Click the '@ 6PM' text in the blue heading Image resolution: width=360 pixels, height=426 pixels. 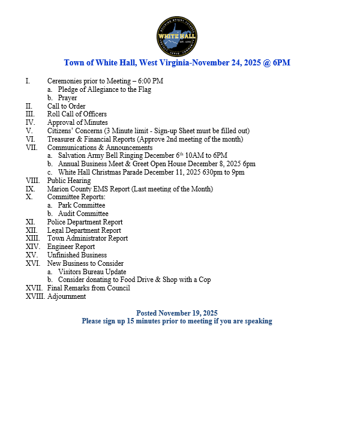[x=278, y=62]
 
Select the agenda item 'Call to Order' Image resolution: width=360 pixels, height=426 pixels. [x=66, y=106]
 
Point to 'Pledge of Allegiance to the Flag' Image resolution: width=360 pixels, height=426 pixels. [x=104, y=89]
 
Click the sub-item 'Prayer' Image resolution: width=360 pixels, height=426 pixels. [x=67, y=98]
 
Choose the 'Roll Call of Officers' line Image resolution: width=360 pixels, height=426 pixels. [x=77, y=114]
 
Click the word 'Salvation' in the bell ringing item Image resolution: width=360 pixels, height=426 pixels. [x=73, y=155]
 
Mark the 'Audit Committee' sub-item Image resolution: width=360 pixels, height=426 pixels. [x=83, y=214]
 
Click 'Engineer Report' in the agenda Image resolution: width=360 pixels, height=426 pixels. [x=71, y=247]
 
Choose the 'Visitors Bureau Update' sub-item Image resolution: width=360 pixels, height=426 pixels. [x=92, y=271]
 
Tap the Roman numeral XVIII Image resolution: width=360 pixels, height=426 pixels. [x=35, y=296]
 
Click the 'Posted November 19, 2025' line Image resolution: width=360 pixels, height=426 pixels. [x=177, y=313]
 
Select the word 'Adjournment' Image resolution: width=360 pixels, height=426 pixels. [x=67, y=296]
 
